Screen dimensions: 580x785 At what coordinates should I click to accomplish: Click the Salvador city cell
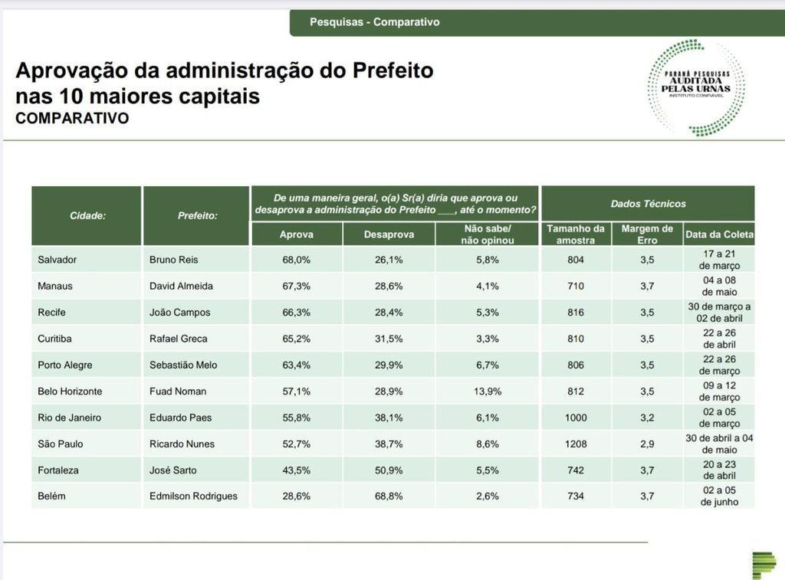[57, 260]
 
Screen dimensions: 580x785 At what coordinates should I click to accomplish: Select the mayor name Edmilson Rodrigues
[193, 496]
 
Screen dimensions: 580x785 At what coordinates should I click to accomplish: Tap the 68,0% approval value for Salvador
[296, 260]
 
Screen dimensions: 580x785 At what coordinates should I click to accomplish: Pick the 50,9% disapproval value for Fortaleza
[389, 470]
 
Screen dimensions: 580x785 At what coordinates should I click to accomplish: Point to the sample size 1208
[575, 444]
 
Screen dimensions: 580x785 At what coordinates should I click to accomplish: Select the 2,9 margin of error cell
[647, 444]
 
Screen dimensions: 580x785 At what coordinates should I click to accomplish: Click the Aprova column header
[296, 234]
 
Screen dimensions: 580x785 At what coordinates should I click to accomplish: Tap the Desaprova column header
[389, 234]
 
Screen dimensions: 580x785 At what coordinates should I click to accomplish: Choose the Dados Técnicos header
[648, 204]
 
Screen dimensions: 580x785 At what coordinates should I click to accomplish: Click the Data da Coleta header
[719, 234]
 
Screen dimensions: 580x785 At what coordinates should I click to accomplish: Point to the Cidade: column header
[87, 215]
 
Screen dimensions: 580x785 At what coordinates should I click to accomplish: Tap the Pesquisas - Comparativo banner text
[375, 22]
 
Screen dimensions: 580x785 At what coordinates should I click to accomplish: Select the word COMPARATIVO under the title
[72, 119]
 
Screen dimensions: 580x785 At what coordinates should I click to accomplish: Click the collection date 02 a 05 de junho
[719, 496]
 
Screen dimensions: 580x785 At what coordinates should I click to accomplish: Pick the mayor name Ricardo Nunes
[182, 444]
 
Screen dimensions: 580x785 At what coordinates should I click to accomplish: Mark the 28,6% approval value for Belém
[296, 496]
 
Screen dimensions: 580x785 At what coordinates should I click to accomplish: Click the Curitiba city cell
[57, 339]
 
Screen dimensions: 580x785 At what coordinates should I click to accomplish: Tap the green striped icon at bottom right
[764, 564]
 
